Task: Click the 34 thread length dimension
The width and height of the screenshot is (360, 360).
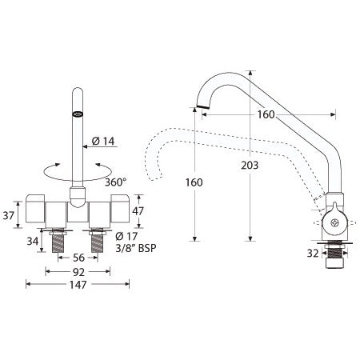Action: tap(33, 240)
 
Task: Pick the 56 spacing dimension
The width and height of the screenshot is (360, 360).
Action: tap(78, 258)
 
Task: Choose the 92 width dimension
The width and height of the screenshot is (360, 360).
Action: tap(78, 271)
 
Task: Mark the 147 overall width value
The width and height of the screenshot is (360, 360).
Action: tap(78, 284)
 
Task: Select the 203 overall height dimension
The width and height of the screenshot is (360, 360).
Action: tap(250, 165)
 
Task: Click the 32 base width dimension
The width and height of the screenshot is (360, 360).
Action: tap(314, 253)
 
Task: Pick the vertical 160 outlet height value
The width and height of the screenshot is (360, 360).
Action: tap(194, 181)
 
